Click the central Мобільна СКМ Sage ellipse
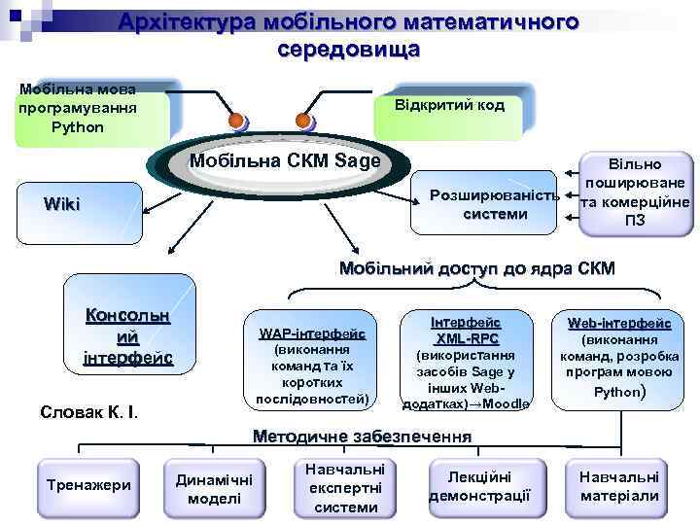[x=285, y=161]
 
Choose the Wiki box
[x=62, y=204]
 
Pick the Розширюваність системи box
[x=483, y=204]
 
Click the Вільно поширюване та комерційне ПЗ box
[x=635, y=193]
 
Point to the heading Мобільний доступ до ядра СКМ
[x=476, y=268]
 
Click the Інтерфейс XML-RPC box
[x=466, y=361]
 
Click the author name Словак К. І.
[x=89, y=411]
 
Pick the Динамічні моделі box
[x=213, y=488]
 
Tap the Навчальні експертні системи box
[x=345, y=487]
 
